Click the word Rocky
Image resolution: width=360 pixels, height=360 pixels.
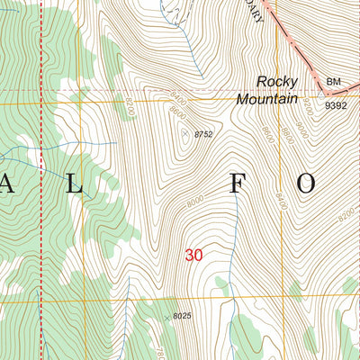276,81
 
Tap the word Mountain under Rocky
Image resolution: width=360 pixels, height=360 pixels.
266,99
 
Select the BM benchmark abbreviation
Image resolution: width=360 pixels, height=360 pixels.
334,82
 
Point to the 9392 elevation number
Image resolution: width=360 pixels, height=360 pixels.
336,105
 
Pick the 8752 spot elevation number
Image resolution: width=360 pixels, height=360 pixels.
203,134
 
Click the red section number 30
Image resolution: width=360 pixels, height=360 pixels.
193,256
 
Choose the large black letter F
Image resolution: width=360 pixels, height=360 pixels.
237,184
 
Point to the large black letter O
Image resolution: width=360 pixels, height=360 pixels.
306,184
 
